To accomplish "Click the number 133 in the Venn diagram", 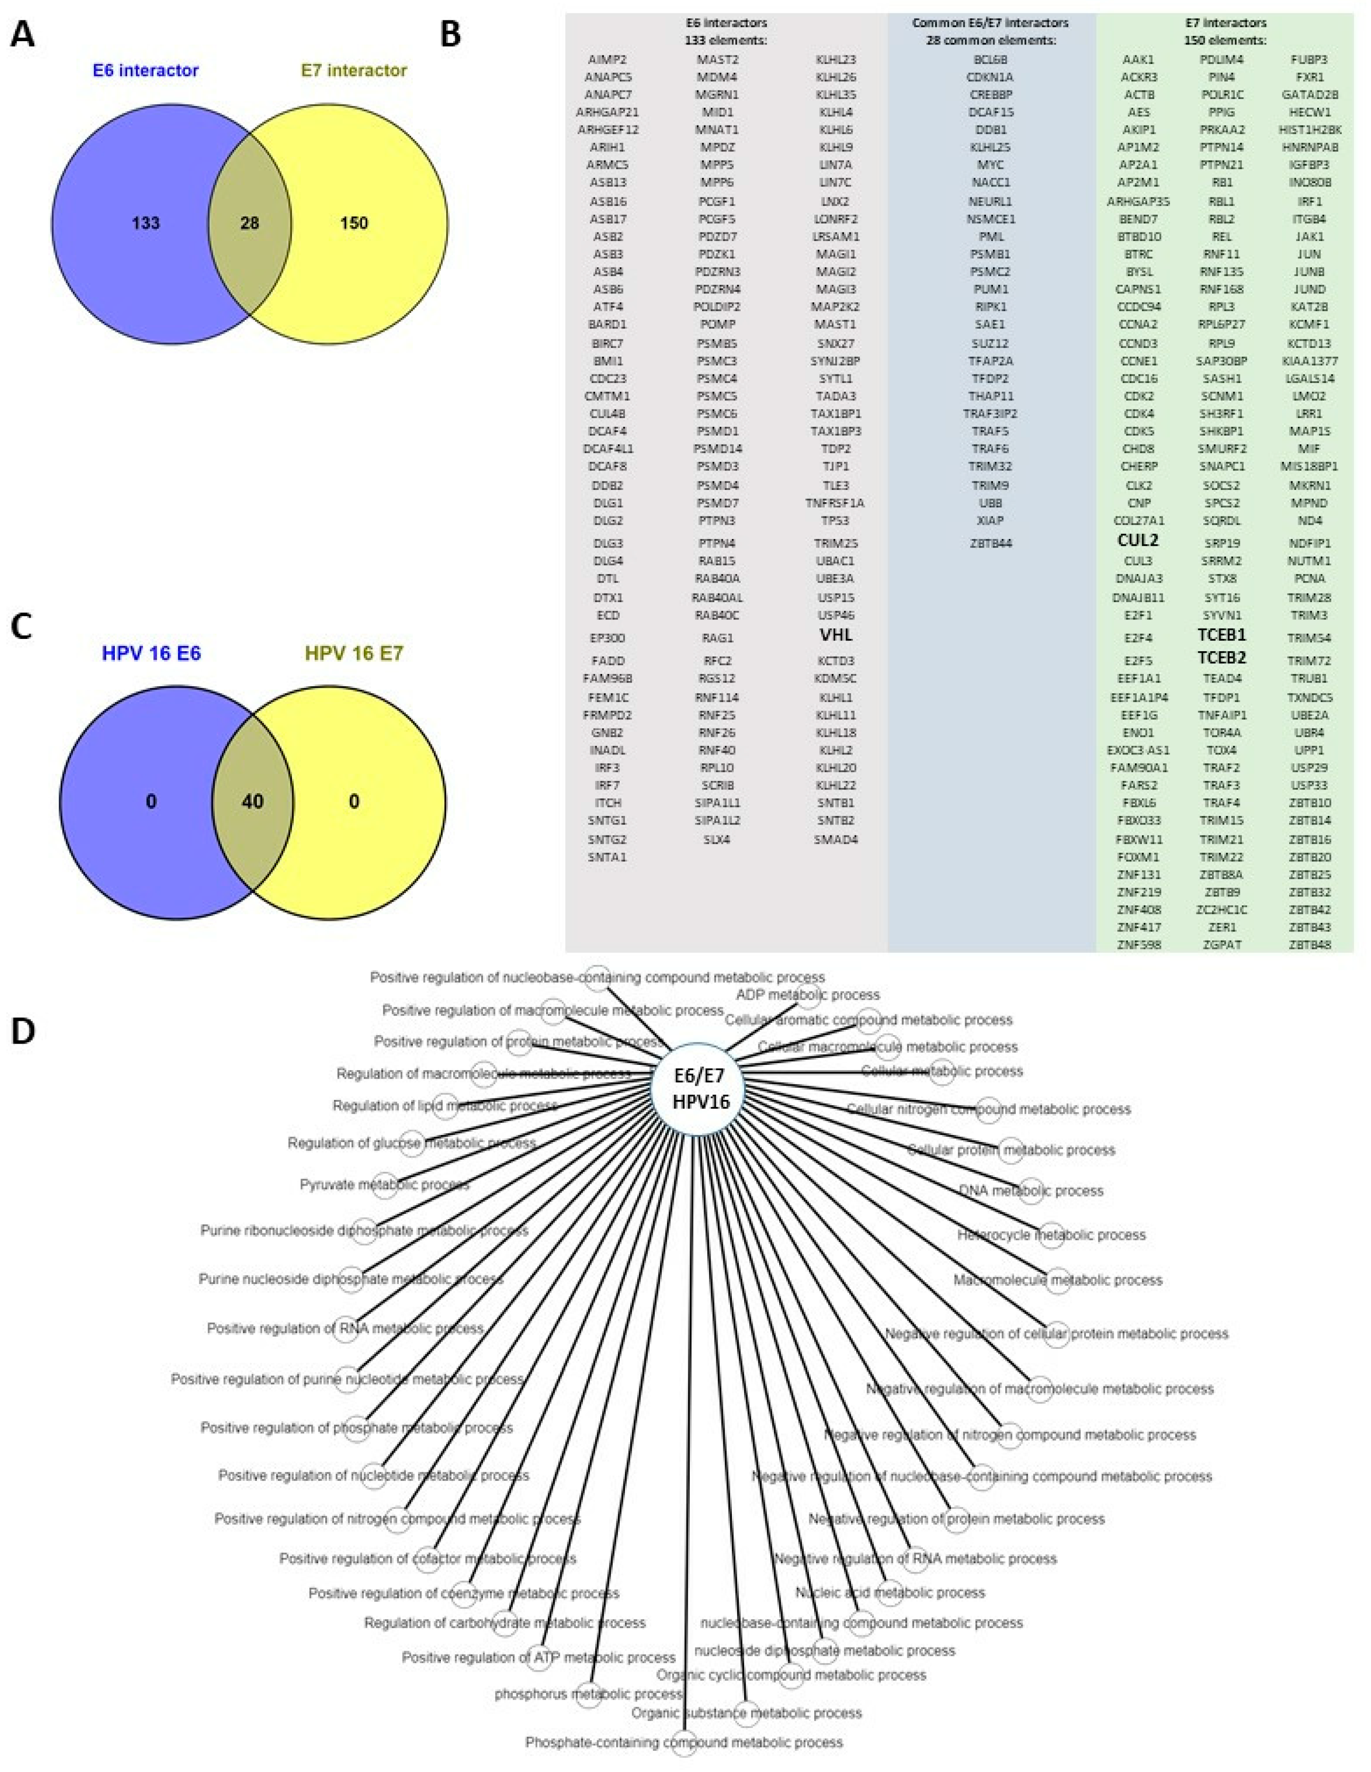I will pyautogui.click(x=146, y=223).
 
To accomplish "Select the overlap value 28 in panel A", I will pyautogui.click(x=249, y=223).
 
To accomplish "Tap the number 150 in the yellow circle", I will pyautogui.click(x=354, y=223).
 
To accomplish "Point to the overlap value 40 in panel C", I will pyautogui.click(x=252, y=802).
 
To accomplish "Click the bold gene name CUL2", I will pyautogui.click(x=1138, y=540).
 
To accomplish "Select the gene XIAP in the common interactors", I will pyautogui.click(x=991, y=520).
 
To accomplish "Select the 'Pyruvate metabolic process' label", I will pyautogui.click(x=385, y=1185).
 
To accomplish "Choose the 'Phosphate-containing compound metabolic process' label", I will pyautogui.click(x=684, y=1742).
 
